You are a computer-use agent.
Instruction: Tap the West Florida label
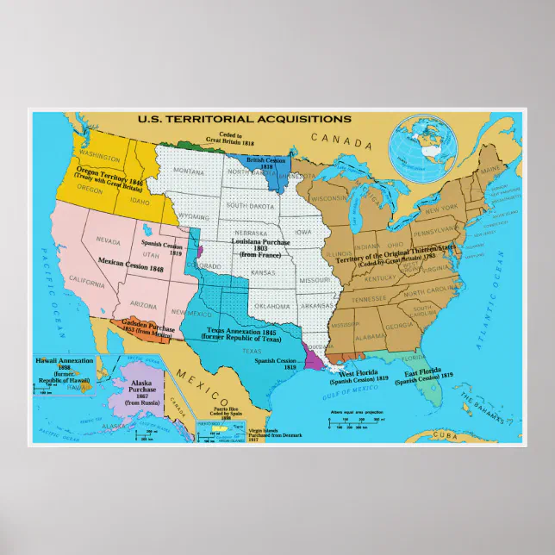coord(365,377)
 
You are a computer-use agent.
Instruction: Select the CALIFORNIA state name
coord(86,283)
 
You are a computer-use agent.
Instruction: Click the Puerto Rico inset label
coord(226,415)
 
